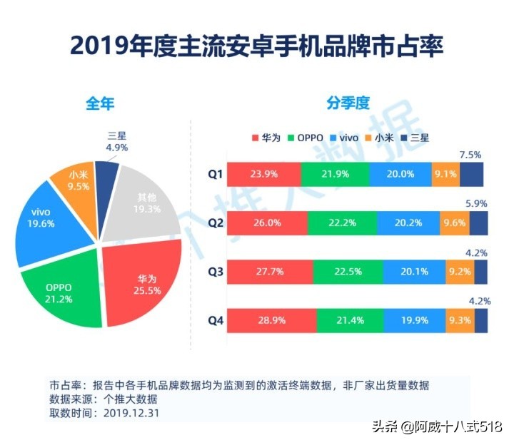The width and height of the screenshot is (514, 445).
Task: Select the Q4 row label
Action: (x=216, y=320)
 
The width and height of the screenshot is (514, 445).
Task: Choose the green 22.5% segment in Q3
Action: (x=347, y=272)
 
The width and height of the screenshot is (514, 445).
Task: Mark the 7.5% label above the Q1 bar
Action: (x=470, y=154)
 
